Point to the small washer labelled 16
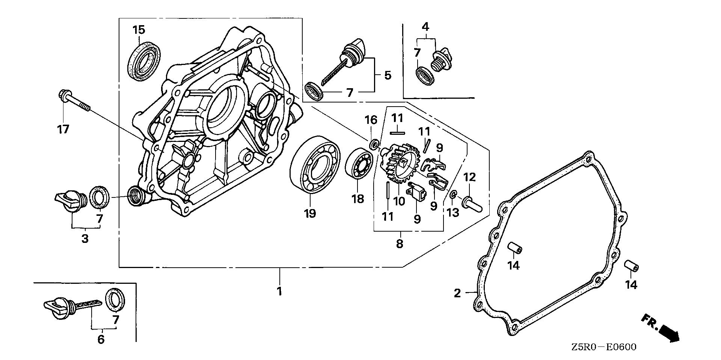point(374,144)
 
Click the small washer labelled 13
point(453,195)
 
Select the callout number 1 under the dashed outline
point(279,291)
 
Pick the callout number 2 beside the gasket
point(457,293)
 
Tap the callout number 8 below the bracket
point(400,244)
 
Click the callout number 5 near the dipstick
point(387,75)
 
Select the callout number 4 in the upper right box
point(425,27)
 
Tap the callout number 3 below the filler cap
point(85,238)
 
